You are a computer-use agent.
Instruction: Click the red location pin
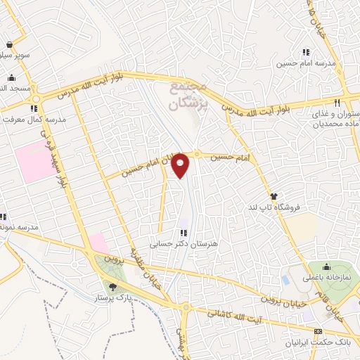click(181, 165)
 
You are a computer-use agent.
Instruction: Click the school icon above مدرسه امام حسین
click(306, 52)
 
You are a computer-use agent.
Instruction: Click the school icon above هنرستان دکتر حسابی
click(184, 233)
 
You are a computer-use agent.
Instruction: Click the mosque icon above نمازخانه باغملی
click(326, 267)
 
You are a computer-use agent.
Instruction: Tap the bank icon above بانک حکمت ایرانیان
click(318, 330)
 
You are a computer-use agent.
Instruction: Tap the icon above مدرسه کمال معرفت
click(33, 108)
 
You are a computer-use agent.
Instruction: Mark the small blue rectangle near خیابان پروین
click(285, 279)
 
